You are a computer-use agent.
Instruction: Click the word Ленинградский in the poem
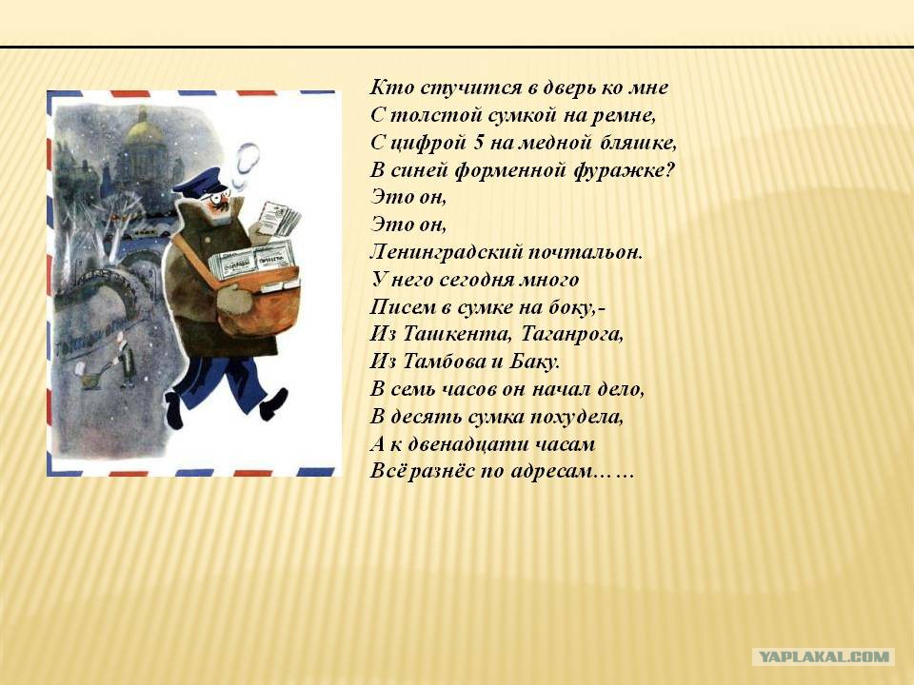(x=446, y=252)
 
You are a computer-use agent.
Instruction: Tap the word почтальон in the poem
(x=584, y=252)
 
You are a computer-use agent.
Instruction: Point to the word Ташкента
(x=456, y=334)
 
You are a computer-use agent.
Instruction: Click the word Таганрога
(x=571, y=335)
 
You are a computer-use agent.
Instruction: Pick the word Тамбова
(x=442, y=362)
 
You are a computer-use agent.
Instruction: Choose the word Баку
(x=534, y=362)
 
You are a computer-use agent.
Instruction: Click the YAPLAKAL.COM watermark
(x=824, y=656)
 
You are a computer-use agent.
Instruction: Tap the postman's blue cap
(x=199, y=182)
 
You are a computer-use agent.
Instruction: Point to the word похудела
(x=576, y=417)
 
